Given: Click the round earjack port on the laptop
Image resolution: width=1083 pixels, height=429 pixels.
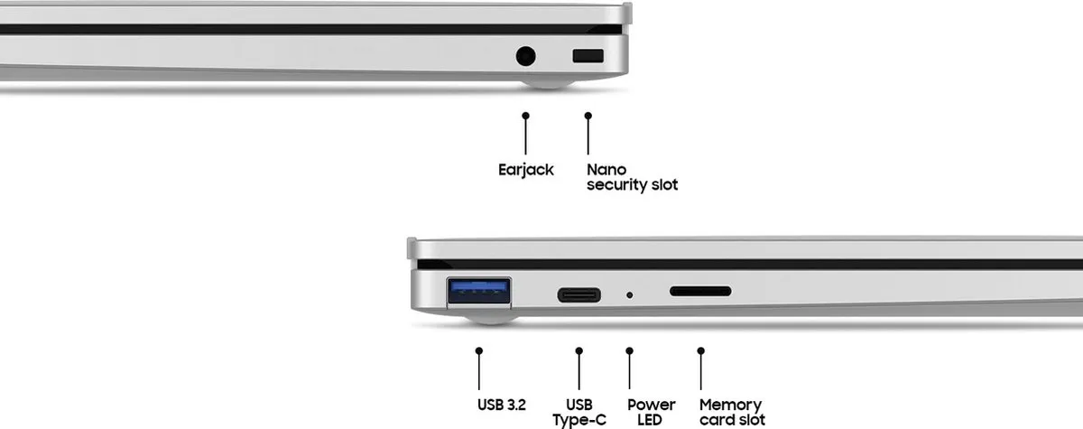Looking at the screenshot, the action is click(x=525, y=56).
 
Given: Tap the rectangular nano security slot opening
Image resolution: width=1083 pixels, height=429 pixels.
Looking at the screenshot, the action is click(x=588, y=56).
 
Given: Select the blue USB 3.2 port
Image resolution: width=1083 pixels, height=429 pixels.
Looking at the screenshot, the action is click(x=478, y=291).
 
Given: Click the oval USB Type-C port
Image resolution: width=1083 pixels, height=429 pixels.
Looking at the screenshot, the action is click(x=579, y=294).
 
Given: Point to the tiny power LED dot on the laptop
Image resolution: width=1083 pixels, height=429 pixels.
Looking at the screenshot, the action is click(x=630, y=294).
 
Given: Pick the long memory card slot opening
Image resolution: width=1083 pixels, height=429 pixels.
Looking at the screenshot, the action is click(x=700, y=291).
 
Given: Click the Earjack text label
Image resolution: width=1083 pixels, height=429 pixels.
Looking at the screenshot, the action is click(x=526, y=171).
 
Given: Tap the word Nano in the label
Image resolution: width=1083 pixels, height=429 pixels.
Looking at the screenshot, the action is click(x=606, y=169).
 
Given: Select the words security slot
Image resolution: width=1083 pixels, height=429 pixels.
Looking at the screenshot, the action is click(x=633, y=185).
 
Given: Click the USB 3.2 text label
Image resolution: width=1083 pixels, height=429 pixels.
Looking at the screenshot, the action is click(x=502, y=405).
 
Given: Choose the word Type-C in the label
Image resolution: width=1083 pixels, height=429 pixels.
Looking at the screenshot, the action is click(x=579, y=420).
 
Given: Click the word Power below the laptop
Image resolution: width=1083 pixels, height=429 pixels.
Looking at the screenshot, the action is click(x=652, y=405).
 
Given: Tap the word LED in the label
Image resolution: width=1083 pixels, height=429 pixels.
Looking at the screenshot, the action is click(x=649, y=419).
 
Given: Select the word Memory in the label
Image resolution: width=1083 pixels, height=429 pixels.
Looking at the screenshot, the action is click(x=730, y=405).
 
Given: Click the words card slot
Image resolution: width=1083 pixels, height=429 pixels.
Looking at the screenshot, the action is click(x=733, y=419).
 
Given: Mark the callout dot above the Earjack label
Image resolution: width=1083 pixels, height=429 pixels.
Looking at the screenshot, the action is click(x=525, y=116).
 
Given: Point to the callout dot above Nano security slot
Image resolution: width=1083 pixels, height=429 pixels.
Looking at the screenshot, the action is click(x=588, y=116).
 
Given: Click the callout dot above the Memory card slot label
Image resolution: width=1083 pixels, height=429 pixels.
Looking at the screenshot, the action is click(x=701, y=350).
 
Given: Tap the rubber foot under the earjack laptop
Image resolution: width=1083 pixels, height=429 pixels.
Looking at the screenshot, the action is click(x=547, y=84).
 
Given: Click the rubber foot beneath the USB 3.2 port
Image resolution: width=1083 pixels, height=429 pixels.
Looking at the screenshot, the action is click(x=490, y=319).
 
